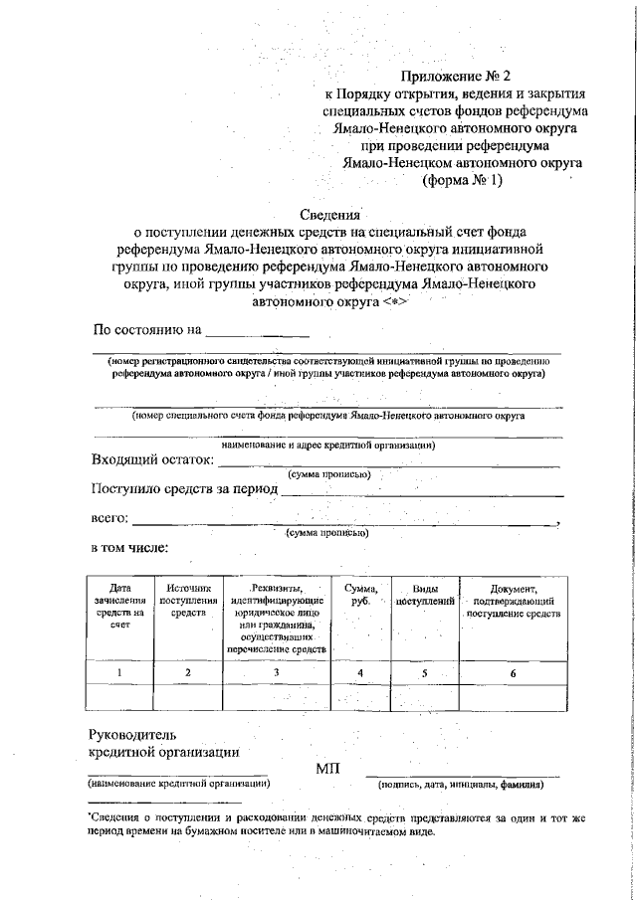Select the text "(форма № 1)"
(463, 180)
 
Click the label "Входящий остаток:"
(152, 459)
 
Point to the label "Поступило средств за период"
(184, 489)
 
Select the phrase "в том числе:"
(130, 548)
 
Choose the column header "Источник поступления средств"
(187, 601)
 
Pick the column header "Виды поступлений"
(425, 595)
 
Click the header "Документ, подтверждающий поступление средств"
(514, 601)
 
